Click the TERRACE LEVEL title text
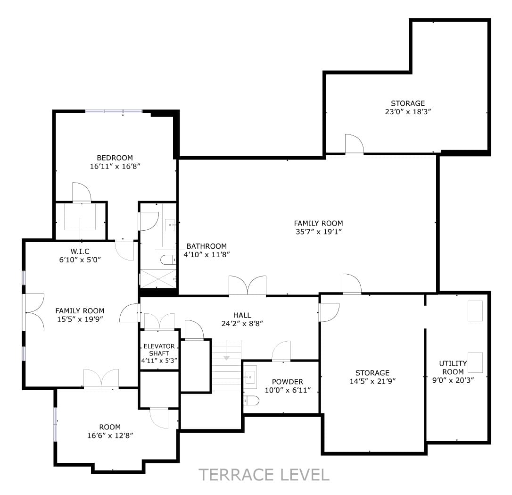(264, 475)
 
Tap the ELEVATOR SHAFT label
(159, 350)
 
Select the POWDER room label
(287, 382)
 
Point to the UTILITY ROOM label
(453, 368)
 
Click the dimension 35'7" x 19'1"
(318, 232)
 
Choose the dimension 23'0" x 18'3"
(408, 111)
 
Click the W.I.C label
(80, 251)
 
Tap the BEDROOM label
(115, 158)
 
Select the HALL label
(242, 315)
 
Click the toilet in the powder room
(251, 400)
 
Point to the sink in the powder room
(250, 377)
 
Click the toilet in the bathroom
(168, 260)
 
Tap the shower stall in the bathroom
(158, 279)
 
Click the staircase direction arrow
(227, 358)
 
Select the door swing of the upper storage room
(355, 144)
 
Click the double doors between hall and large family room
(248, 286)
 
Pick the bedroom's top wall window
(114, 111)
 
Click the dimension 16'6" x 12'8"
(110, 436)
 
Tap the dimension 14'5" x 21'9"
(372, 381)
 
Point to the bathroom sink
(170, 225)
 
